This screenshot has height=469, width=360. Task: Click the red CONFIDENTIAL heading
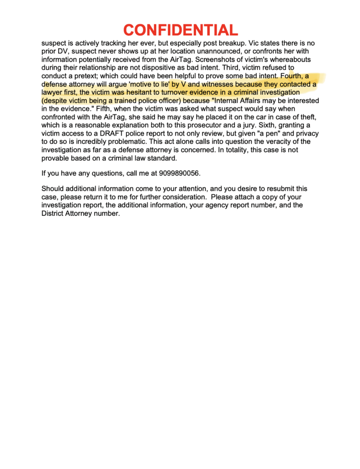(x=180, y=30)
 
